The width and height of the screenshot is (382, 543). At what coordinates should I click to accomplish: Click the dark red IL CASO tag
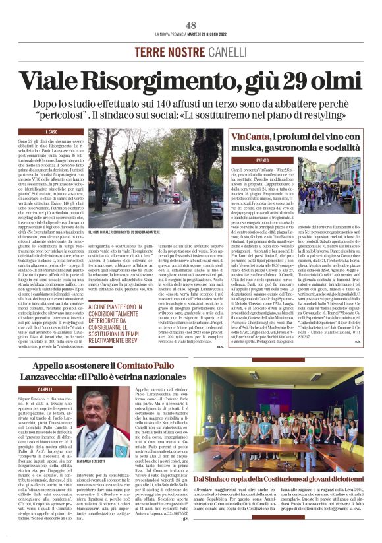[x=49, y=132]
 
